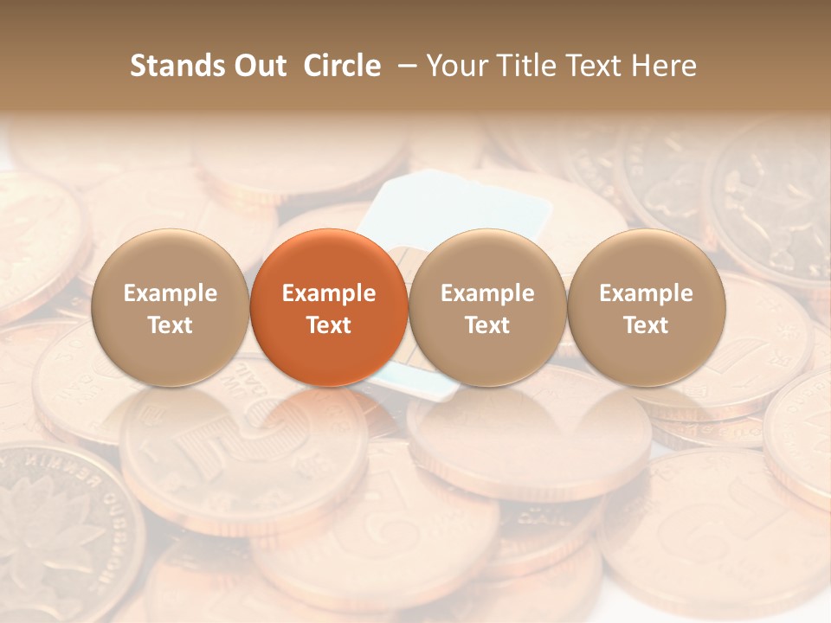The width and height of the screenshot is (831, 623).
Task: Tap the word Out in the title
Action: [x=257, y=66]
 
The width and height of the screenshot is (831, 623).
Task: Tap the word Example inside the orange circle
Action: [x=329, y=293]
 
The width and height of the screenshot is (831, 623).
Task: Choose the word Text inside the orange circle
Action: [x=329, y=325]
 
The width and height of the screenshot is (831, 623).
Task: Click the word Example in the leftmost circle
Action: [x=171, y=293]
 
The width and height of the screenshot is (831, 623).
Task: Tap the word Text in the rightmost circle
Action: [x=647, y=325]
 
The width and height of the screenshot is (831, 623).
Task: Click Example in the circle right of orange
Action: [x=487, y=293]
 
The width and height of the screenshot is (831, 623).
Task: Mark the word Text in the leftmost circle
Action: [x=171, y=325]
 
